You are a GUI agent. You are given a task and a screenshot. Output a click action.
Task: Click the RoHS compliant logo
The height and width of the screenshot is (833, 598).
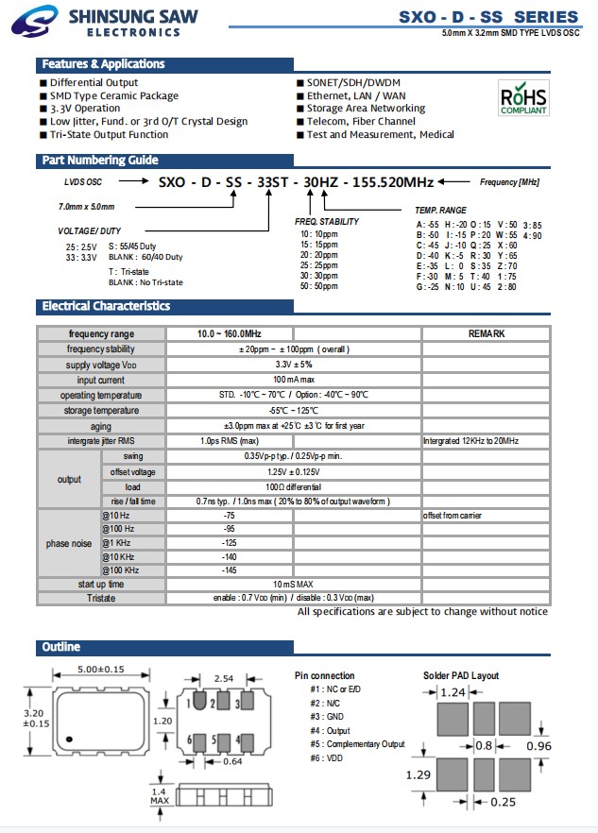(522, 97)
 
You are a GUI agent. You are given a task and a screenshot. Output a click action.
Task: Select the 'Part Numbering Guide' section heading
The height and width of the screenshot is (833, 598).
(99, 161)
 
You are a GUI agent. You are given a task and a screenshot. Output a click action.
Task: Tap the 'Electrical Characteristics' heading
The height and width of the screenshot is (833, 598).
(106, 306)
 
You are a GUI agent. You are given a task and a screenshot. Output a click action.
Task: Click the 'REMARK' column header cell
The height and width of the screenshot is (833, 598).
(486, 333)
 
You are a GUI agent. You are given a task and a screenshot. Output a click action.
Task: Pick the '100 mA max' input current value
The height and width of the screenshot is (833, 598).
(294, 380)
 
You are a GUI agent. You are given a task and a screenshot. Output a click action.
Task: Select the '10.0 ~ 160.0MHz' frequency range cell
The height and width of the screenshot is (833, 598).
(230, 333)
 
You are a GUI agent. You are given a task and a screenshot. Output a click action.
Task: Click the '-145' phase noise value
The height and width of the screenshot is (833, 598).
(229, 570)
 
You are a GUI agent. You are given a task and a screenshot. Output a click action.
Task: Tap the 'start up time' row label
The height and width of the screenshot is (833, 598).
(101, 585)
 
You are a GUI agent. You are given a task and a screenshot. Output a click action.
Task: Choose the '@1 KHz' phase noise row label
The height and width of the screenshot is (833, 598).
(118, 543)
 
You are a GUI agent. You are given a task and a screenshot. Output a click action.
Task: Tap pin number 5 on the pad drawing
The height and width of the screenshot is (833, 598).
(214, 739)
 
